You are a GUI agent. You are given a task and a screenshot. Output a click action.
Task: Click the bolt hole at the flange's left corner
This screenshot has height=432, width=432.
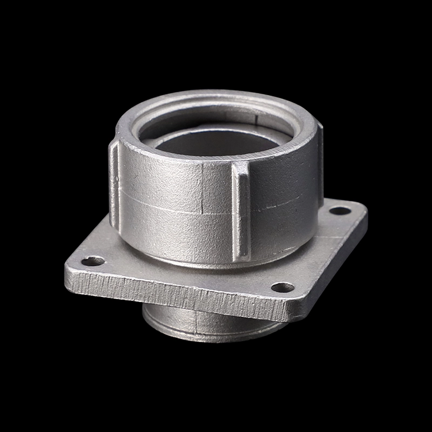click(93, 261)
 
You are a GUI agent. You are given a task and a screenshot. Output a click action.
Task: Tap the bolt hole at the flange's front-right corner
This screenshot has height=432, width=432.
click(282, 287)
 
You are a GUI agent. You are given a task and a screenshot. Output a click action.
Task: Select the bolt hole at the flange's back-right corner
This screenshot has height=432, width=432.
click(340, 211)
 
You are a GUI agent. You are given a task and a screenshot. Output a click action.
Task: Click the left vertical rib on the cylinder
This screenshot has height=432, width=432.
click(114, 184)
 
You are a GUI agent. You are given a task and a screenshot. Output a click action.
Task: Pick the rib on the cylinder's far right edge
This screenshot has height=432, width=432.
click(320, 162)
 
